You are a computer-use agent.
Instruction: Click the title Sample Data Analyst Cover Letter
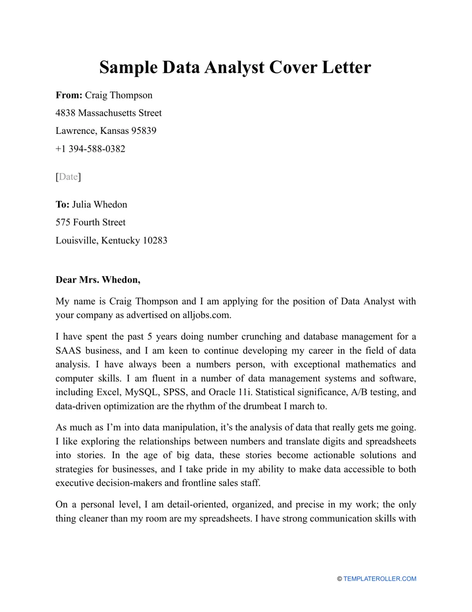pyautogui.click(x=235, y=67)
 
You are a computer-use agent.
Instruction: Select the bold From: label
pyautogui.click(x=69, y=95)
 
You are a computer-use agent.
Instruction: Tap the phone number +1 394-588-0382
pyautogui.click(x=90, y=149)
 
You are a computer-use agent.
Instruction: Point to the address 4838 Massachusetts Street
pyautogui.click(x=108, y=113)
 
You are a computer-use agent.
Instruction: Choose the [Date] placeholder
pyautogui.click(x=68, y=177)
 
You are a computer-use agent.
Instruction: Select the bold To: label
pyautogui.click(x=63, y=204)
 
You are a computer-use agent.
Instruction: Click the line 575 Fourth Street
pyautogui.click(x=90, y=222)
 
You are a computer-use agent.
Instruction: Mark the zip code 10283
pyautogui.click(x=155, y=240)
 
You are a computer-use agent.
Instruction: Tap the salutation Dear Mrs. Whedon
pyautogui.click(x=98, y=280)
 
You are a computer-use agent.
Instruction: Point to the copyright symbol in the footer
pyautogui.click(x=339, y=579)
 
